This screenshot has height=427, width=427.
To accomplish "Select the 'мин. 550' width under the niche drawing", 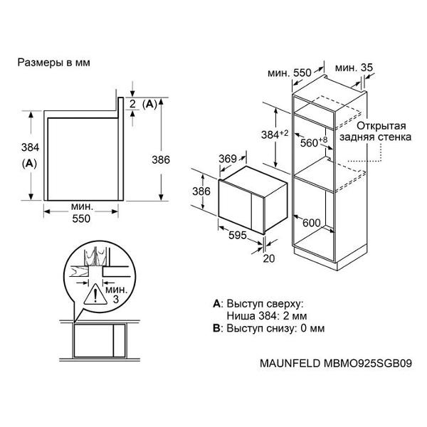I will pyautogui.click(x=82, y=213).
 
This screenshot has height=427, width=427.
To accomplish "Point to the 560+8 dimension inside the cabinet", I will pyautogui.click(x=311, y=142).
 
